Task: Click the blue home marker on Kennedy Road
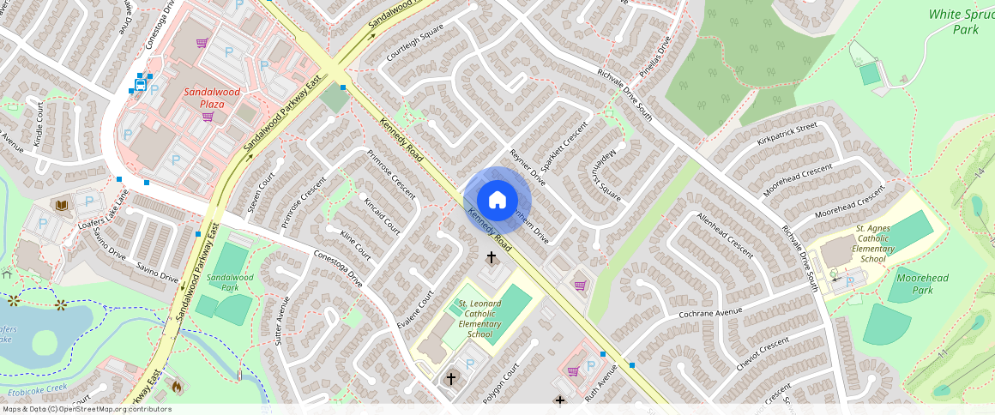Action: pos(497,201)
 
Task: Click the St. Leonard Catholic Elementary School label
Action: pos(479,318)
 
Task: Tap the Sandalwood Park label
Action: pos(230,283)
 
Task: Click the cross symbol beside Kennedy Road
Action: pos(492,256)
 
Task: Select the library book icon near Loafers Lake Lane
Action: pos(62,205)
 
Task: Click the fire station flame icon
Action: pos(177,386)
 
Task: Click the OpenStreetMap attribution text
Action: pos(86,409)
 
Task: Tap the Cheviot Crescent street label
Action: pos(763,354)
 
